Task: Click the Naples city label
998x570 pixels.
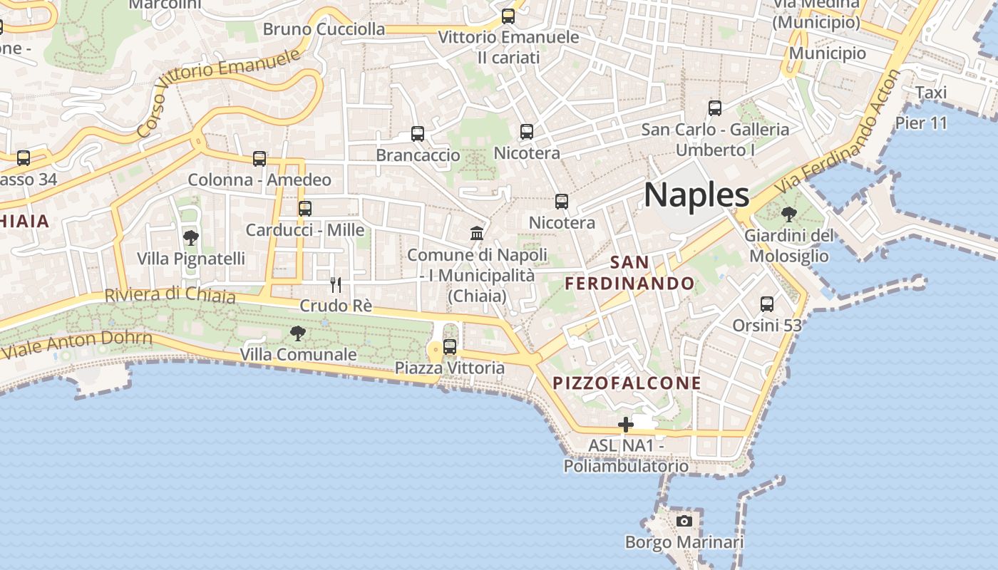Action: click(x=696, y=195)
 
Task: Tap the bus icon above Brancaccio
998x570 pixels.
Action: click(x=418, y=134)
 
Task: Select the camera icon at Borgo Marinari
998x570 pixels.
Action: click(x=684, y=521)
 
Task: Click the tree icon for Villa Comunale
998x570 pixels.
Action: click(x=298, y=333)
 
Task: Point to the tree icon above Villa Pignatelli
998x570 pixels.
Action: click(x=190, y=237)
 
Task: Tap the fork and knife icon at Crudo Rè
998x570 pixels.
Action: click(x=336, y=285)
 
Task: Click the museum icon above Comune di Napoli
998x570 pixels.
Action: click(x=477, y=233)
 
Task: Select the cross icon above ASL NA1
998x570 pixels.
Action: click(x=626, y=425)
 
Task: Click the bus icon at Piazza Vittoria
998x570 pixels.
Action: click(x=450, y=347)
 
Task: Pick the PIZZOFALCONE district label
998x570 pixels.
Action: click(x=627, y=383)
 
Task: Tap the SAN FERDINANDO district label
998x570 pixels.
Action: click(x=630, y=273)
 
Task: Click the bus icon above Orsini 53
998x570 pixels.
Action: click(x=767, y=304)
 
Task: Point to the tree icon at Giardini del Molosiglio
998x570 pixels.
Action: click(x=788, y=214)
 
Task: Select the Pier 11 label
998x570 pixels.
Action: click(x=921, y=123)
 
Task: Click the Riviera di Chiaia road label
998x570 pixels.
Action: click(x=170, y=294)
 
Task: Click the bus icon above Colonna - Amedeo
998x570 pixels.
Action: click(x=259, y=159)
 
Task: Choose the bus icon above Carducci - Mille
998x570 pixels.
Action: click(x=305, y=209)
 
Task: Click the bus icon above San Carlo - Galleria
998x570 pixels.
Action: click(x=715, y=108)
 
